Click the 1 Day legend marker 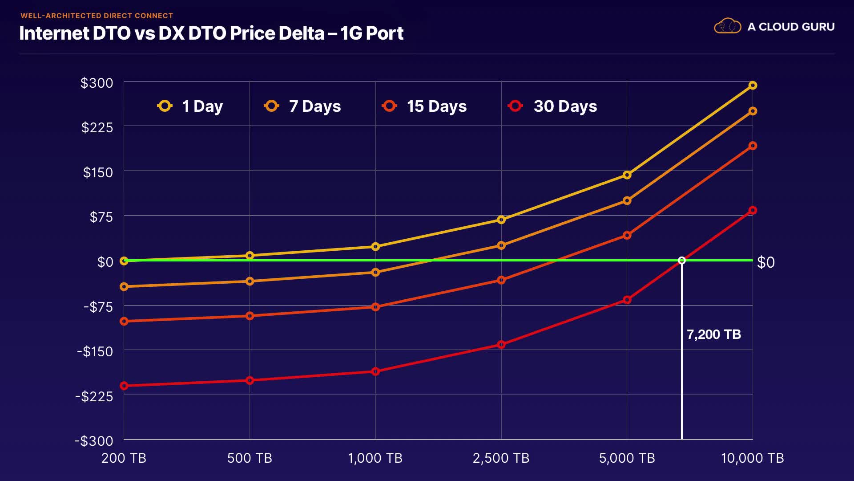[x=165, y=106]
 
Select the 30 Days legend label [x=565, y=106]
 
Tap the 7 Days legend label [x=314, y=106]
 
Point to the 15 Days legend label [x=436, y=106]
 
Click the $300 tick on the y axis [x=97, y=83]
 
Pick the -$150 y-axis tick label [x=95, y=351]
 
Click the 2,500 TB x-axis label [x=501, y=458]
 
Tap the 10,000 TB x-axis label [x=752, y=458]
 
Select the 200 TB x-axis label [x=124, y=458]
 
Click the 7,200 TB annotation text [x=713, y=334]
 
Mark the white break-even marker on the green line [x=681, y=261]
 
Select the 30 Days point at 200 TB [x=124, y=386]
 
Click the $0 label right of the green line [x=766, y=262]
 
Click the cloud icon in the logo [x=727, y=26]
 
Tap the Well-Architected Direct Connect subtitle [x=97, y=16]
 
